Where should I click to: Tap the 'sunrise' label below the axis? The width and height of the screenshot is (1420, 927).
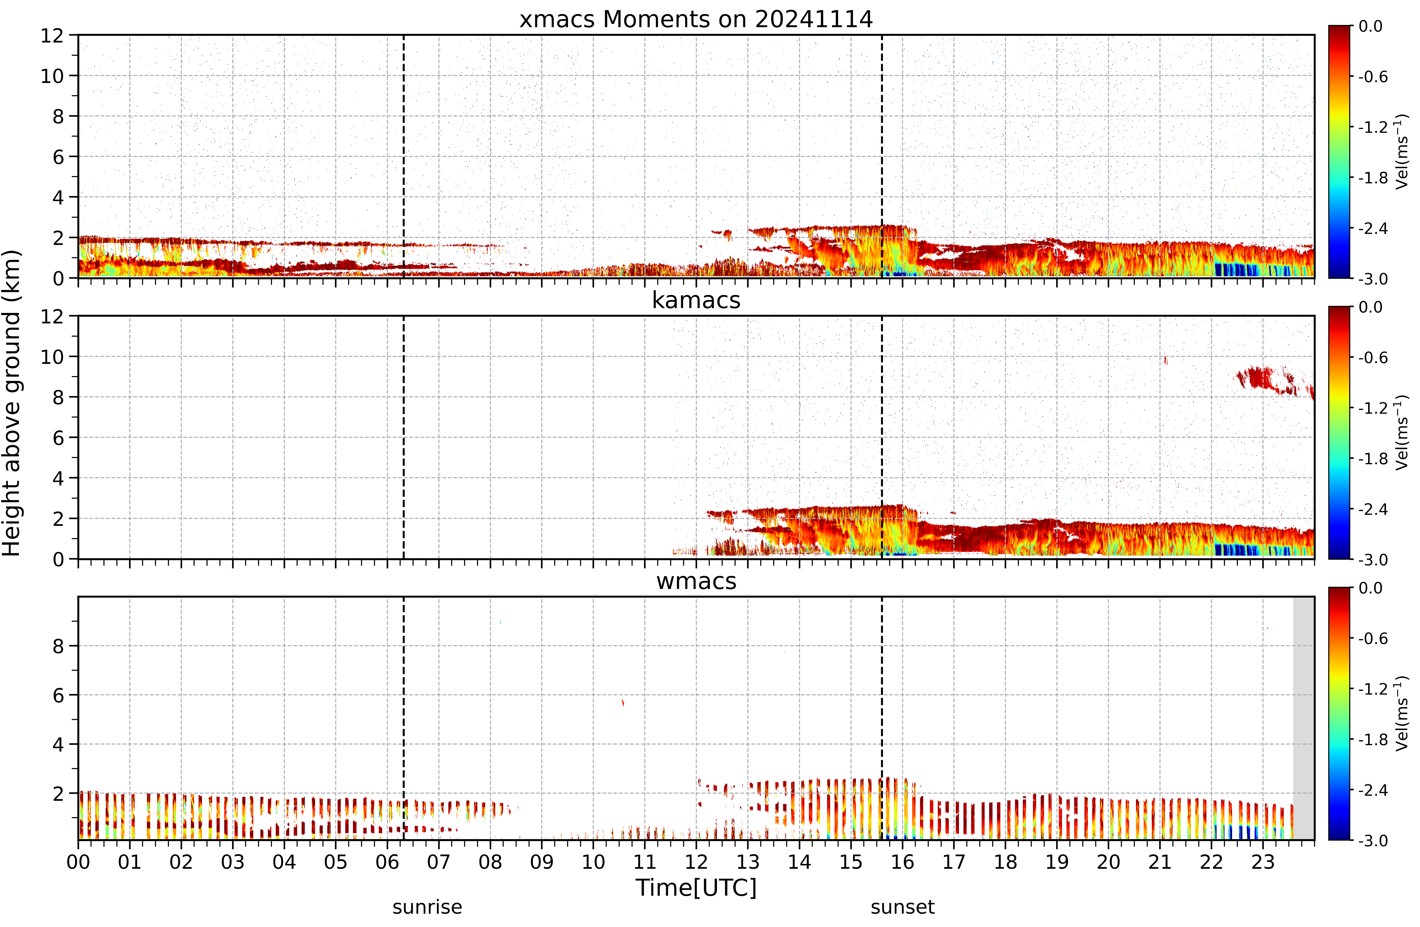point(427,907)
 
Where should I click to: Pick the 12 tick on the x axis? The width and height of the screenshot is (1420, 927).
point(696,862)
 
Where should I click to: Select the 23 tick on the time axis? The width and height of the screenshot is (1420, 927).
point(1263,862)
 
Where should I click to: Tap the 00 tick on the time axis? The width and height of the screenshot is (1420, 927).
point(78,862)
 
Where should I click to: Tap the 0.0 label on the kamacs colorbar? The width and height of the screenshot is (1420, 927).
point(1371,307)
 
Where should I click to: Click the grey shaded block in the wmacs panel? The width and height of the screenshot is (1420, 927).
point(1304,718)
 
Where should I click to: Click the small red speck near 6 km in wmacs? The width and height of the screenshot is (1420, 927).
point(623,702)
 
